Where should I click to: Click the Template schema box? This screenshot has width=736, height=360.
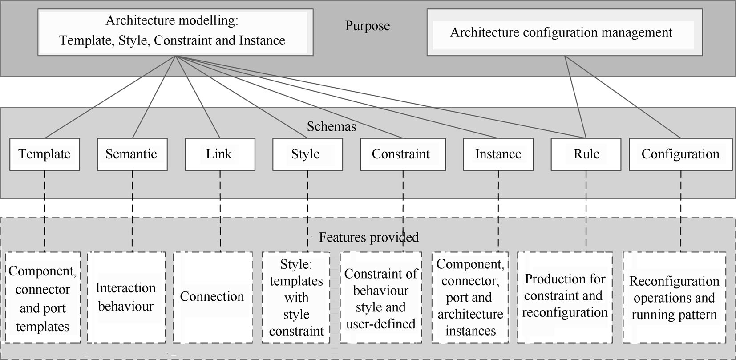click(44, 154)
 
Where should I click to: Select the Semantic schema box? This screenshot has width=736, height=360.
click(132, 154)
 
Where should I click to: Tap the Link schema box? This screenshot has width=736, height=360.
click(220, 154)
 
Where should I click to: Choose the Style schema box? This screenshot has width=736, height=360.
click(307, 154)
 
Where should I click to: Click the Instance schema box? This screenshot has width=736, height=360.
click(498, 154)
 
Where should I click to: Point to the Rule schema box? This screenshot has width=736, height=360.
click(586, 154)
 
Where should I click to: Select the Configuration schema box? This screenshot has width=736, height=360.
click(680, 154)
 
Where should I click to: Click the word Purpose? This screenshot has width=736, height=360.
click(368, 26)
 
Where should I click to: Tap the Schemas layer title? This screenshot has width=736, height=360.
click(332, 127)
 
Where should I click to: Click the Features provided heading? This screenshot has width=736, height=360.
click(368, 237)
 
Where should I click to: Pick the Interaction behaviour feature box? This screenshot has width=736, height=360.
click(126, 297)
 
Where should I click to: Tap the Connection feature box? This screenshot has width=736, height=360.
click(213, 297)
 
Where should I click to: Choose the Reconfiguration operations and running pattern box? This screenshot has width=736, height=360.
click(674, 297)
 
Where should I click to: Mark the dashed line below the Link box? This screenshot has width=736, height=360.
click(220, 209)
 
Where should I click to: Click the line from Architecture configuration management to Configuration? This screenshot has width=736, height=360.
click(623, 97)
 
